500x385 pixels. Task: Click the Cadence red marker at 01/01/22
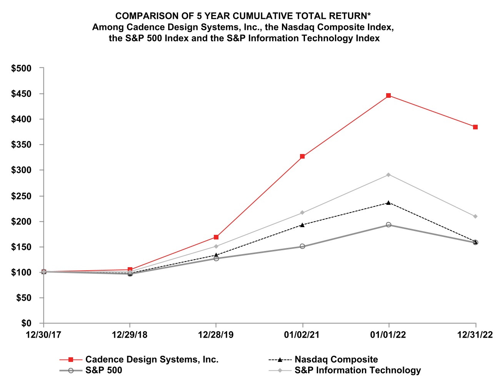click(x=388, y=95)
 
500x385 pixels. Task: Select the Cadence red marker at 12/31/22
click(x=475, y=127)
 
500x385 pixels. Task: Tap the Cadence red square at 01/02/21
click(x=302, y=156)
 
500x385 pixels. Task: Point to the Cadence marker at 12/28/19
click(x=216, y=237)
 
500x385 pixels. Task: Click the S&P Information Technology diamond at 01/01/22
click(x=388, y=175)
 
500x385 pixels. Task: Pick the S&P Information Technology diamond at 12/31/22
click(x=475, y=216)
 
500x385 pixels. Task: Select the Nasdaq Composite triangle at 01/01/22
click(x=388, y=203)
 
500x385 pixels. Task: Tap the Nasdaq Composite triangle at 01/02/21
click(x=302, y=225)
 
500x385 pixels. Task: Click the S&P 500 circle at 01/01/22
click(x=388, y=225)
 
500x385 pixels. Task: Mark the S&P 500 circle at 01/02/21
click(x=302, y=246)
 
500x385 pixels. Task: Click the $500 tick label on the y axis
click(x=22, y=69)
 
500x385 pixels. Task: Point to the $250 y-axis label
click(x=22, y=196)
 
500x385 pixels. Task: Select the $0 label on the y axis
click(x=27, y=323)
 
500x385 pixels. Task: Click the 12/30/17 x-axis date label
click(x=43, y=335)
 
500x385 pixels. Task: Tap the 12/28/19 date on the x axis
click(x=216, y=335)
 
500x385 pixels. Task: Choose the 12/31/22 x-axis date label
click(x=475, y=335)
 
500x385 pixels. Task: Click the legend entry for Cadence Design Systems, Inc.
click(x=152, y=360)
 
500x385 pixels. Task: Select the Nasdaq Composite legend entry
click(x=336, y=360)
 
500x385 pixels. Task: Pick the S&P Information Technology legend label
click(x=358, y=370)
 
